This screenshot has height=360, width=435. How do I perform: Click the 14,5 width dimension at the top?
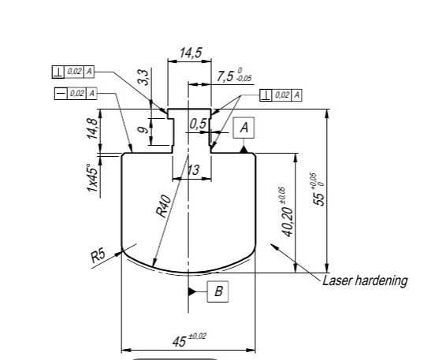point(191,53)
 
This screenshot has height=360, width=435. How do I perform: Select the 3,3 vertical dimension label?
point(143,77)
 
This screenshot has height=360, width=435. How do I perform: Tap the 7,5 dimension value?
point(225,76)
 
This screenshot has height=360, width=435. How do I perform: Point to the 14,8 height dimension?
point(92,128)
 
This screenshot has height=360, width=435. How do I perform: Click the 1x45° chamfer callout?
point(92,178)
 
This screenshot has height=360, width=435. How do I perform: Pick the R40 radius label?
point(163,206)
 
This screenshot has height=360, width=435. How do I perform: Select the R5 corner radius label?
point(99,256)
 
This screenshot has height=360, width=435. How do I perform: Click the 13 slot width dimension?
point(193,169)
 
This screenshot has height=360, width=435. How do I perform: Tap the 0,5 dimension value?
point(199,124)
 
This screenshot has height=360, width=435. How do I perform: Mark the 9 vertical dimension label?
point(143,130)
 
